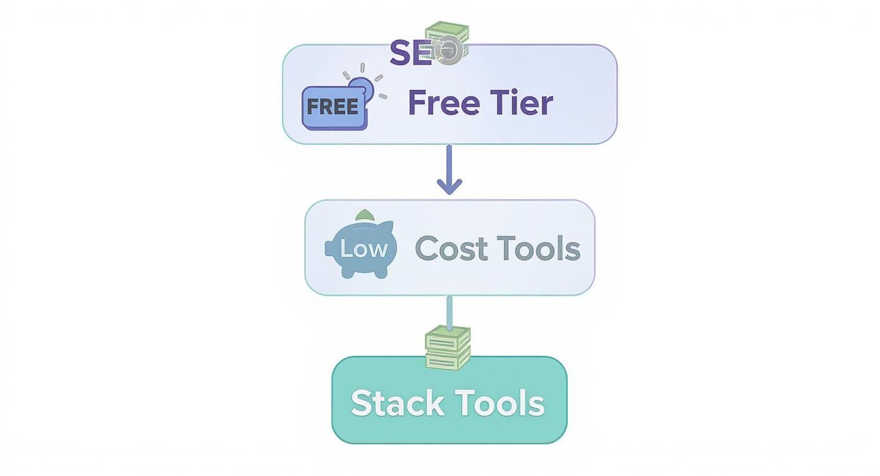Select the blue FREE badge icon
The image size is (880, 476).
[334, 108]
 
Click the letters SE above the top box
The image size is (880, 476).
[410, 53]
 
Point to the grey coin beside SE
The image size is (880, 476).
[449, 49]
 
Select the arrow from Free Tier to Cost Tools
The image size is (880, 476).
[449, 168]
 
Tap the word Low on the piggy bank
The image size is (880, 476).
[363, 249]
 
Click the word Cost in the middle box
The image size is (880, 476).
[451, 248]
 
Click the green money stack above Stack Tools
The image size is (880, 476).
[448, 348]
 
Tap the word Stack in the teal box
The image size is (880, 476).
[397, 403]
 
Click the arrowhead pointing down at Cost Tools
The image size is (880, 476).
[449, 187]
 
